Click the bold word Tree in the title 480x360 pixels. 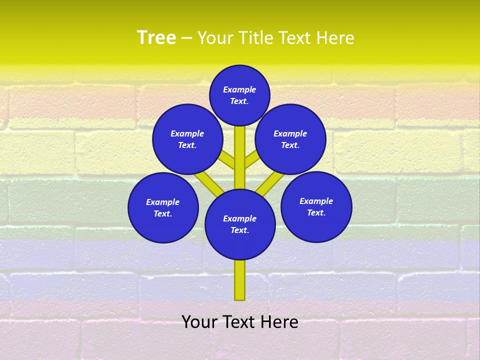click(156, 37)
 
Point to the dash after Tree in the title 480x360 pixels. click(186, 38)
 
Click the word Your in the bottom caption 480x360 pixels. click(200, 322)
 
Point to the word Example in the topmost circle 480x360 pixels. click(239, 90)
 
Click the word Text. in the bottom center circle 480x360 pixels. click(239, 230)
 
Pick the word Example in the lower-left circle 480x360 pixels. click(163, 202)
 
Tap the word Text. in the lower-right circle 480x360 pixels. click(316, 213)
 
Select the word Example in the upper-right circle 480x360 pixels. click(290, 134)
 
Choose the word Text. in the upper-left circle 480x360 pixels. click(187, 145)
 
